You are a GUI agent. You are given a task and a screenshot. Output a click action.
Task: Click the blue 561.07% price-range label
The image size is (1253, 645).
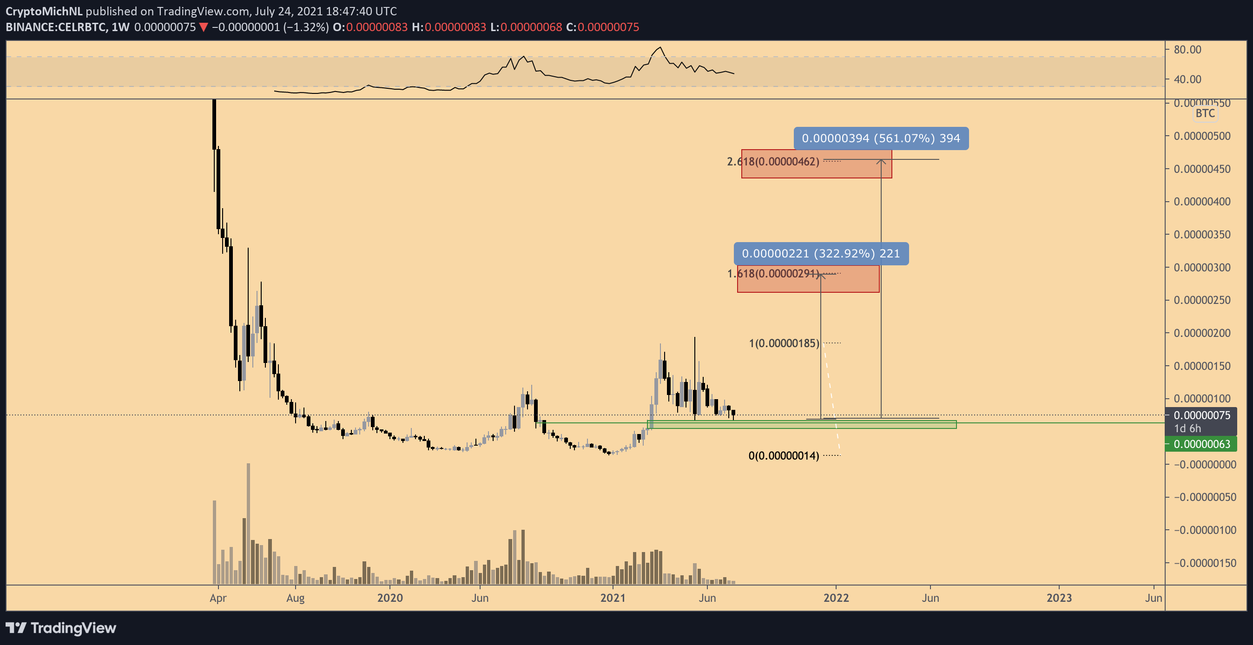(x=880, y=138)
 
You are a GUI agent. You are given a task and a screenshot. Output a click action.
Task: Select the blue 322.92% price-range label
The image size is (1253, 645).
(x=821, y=253)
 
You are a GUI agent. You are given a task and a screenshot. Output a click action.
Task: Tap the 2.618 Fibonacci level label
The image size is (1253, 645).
(x=773, y=162)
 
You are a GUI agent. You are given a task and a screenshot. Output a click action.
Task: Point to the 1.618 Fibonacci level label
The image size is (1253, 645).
(x=773, y=274)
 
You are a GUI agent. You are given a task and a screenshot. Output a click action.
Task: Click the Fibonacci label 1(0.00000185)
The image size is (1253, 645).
(x=784, y=343)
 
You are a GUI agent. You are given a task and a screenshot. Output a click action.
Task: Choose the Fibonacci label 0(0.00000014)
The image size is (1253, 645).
(x=783, y=456)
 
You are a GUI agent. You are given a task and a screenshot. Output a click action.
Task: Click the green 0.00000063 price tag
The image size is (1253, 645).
(x=1201, y=444)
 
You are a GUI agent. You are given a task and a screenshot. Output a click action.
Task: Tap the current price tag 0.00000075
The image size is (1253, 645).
(x=1201, y=415)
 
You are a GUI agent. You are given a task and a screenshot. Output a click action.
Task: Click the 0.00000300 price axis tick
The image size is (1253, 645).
(x=1201, y=268)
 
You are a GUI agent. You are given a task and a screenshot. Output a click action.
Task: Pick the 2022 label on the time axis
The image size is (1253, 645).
(x=836, y=598)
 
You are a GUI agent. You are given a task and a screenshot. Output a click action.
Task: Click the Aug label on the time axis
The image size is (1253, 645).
(x=295, y=598)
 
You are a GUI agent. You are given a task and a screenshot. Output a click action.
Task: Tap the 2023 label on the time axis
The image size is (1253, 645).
(x=1059, y=598)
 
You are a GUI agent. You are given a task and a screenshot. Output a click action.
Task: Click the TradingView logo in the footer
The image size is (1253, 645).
(x=61, y=628)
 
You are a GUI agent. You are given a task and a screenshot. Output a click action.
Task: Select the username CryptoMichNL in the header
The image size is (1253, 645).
(x=44, y=11)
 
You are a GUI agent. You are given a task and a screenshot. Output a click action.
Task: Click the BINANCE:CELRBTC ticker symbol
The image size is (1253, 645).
(x=56, y=27)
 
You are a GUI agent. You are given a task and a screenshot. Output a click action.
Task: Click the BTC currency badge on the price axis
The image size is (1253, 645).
(x=1205, y=113)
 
